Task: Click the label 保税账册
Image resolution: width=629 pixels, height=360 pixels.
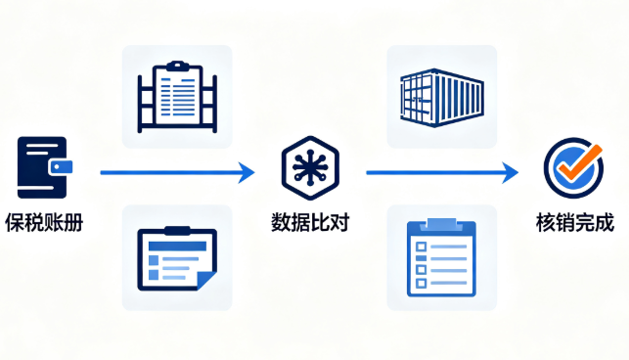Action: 44,223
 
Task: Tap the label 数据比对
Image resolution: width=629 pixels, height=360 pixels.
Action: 310,222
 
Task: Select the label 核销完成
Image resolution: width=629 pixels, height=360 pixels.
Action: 575,223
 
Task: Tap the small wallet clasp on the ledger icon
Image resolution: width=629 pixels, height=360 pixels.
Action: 61,167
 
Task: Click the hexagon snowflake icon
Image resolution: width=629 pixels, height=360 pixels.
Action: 310,167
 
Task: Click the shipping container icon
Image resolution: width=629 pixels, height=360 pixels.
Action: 442,98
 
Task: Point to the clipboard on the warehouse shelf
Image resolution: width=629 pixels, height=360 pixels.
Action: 177,95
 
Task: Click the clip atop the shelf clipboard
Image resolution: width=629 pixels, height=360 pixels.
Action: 178,66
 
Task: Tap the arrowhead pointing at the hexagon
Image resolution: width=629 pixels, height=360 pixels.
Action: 247,172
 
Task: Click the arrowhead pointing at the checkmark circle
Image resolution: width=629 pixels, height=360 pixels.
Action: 511,172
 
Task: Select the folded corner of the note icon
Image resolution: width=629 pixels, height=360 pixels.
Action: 207,280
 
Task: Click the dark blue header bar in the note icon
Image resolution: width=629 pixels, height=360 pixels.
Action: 177,246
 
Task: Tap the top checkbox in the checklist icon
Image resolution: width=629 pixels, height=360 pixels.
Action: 421,246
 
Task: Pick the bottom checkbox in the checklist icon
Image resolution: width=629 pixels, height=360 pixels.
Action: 421,283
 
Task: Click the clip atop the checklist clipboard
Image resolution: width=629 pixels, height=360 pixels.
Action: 441,224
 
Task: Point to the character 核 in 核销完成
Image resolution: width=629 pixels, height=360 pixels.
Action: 546,223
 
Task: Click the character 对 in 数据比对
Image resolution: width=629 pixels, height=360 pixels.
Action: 339,222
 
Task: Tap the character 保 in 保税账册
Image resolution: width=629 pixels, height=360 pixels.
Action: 15,223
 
